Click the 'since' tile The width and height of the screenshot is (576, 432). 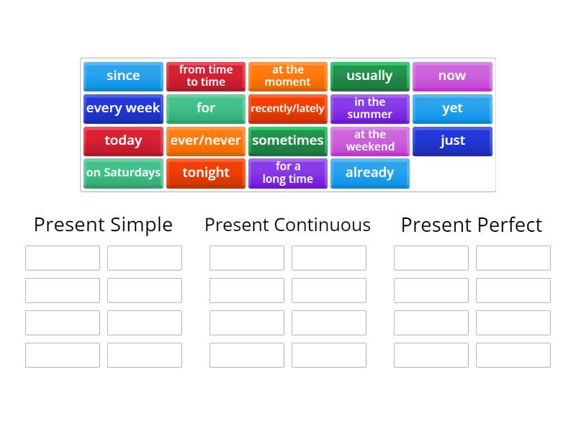pyautogui.click(x=123, y=76)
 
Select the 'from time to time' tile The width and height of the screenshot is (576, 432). pyautogui.click(x=206, y=76)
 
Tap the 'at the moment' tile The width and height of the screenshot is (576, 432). pyautogui.click(x=288, y=76)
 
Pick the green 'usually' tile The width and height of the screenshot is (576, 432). pyautogui.click(x=369, y=76)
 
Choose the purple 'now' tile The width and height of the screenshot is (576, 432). pyautogui.click(x=452, y=76)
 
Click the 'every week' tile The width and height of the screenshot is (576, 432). pyautogui.click(x=123, y=109)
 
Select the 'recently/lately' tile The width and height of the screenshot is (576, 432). pyautogui.click(x=288, y=109)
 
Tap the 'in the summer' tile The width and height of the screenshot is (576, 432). pyautogui.click(x=369, y=109)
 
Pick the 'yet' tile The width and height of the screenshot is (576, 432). pyautogui.click(x=452, y=109)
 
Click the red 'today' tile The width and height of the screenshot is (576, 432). pyautogui.click(x=123, y=141)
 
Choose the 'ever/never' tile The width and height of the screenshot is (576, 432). pyautogui.click(x=206, y=141)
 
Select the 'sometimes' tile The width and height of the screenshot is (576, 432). pyautogui.click(x=288, y=141)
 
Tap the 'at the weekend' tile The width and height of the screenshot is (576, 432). pyautogui.click(x=369, y=141)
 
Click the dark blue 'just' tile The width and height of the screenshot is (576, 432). pyautogui.click(x=452, y=141)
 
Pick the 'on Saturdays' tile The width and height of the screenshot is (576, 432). pyautogui.click(x=123, y=174)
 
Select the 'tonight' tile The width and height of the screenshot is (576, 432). pyautogui.click(x=206, y=174)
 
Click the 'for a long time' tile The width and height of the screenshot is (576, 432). pyautogui.click(x=288, y=174)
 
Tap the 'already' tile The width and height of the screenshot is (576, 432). pyautogui.click(x=369, y=174)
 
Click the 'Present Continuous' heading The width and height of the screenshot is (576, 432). pyautogui.click(x=287, y=225)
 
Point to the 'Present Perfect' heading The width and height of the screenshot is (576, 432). pyautogui.click(x=472, y=225)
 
